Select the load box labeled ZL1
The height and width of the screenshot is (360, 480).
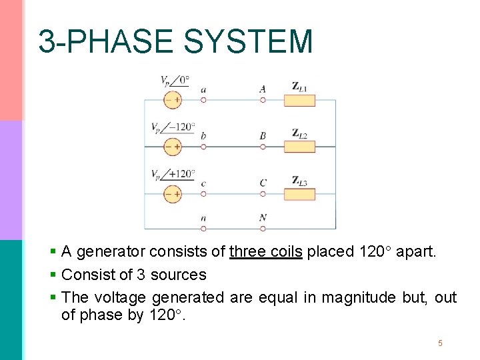click(299, 100)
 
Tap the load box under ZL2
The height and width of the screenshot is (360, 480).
click(299, 147)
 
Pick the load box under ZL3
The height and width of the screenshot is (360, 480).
click(299, 194)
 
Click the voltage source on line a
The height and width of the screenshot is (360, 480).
click(173, 100)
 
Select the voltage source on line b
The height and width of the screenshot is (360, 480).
click(173, 147)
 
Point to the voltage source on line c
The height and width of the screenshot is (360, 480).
click(173, 194)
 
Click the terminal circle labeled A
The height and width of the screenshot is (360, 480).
click(263, 100)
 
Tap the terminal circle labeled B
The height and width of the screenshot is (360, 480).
click(263, 147)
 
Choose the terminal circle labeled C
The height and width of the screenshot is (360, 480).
click(263, 194)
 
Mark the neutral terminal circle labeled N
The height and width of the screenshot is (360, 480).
click(263, 228)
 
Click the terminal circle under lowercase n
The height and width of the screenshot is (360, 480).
click(203, 228)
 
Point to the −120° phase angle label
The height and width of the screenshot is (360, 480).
click(181, 126)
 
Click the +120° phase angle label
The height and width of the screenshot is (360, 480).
click(181, 173)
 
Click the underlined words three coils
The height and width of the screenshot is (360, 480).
click(265, 252)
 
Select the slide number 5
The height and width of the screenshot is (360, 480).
click(440, 343)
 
